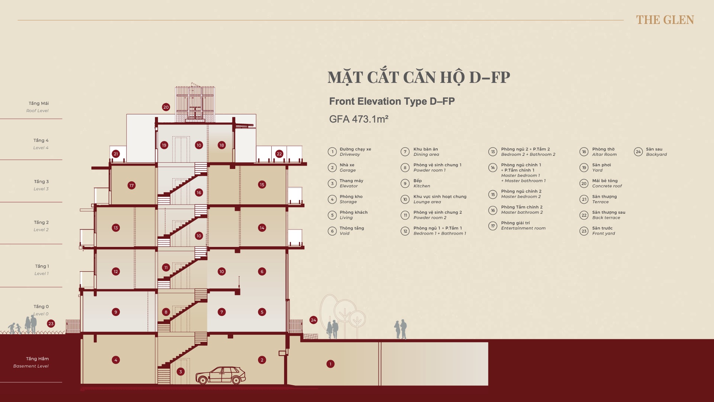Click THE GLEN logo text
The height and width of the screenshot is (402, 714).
point(665,20)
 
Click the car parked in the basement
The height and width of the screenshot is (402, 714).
point(221,375)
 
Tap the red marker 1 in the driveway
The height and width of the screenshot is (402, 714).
point(331,364)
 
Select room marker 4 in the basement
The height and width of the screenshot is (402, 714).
point(116,360)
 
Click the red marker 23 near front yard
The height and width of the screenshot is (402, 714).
point(51,324)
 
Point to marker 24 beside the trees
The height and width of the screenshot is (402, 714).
point(313,320)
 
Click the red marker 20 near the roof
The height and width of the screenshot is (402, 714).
point(166,107)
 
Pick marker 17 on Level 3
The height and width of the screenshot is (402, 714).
point(132,185)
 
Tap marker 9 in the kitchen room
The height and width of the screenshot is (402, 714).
point(116,312)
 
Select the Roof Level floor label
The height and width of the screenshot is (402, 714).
point(38,107)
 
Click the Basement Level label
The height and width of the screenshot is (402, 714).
point(31,362)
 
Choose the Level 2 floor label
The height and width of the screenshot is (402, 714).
point(41,226)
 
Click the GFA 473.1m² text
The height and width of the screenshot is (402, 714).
point(358,119)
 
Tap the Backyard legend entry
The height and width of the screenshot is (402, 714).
point(650,152)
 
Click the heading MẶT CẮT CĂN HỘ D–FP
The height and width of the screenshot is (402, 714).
point(419,78)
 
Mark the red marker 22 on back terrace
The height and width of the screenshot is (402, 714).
point(279,154)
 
